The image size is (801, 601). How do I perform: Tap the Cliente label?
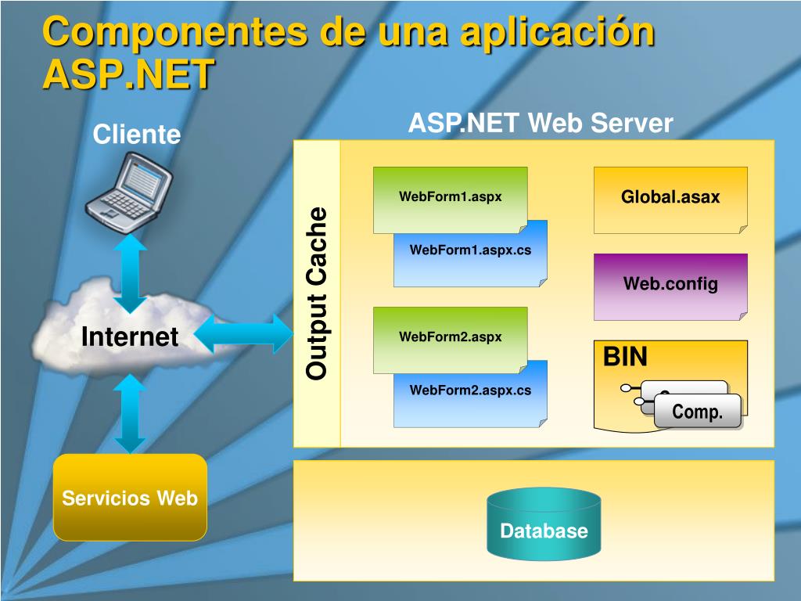[x=137, y=135]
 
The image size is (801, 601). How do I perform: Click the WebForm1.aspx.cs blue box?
[x=470, y=258]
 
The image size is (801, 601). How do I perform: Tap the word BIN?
[x=625, y=358]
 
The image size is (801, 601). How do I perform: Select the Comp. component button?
[x=697, y=412]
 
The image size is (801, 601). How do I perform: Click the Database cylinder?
[x=544, y=526]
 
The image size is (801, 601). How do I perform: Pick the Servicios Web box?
[x=130, y=498]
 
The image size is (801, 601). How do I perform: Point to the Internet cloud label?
[x=130, y=337]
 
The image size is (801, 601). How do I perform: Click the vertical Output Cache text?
[x=317, y=293]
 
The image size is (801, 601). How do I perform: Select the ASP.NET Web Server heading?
[x=541, y=124]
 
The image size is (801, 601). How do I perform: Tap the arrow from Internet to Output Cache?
[x=242, y=335]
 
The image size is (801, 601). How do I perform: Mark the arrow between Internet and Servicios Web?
[x=130, y=413]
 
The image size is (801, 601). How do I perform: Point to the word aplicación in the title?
[x=556, y=33]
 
